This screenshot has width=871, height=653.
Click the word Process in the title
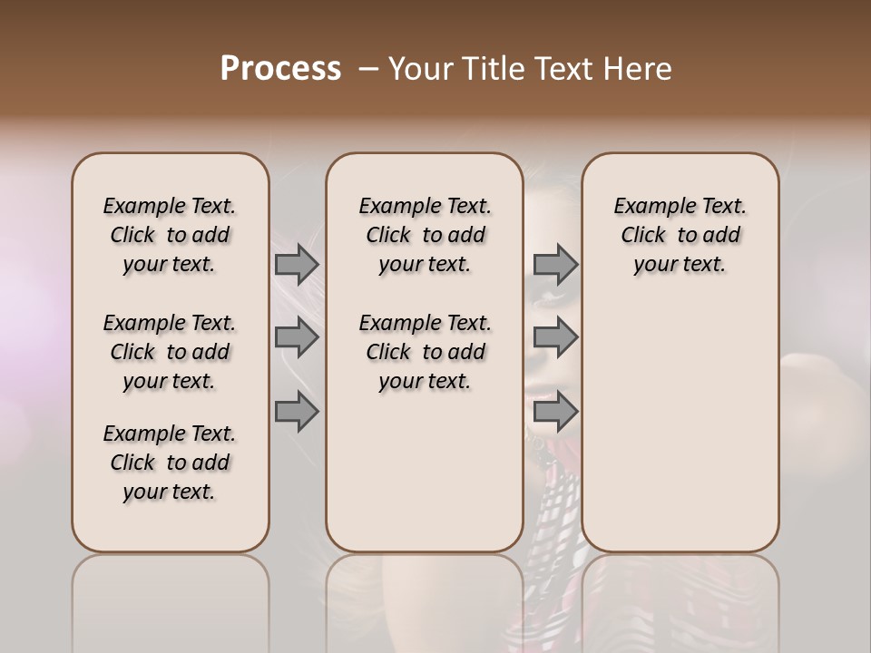point(280,69)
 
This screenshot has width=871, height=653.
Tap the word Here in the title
point(641,69)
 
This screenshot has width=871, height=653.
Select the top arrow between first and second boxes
point(296,265)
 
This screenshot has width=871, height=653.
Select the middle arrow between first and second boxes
point(296,338)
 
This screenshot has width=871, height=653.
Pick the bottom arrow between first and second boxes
point(296,412)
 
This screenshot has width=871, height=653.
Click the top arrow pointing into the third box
point(555,265)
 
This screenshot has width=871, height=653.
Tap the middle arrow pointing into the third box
point(555,338)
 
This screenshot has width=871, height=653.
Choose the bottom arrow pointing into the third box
point(555,412)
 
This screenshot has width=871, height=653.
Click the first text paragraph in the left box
point(170,235)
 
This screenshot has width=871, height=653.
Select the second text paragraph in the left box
point(170,352)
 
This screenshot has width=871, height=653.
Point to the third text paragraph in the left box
point(170,463)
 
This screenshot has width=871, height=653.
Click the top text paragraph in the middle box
point(425,235)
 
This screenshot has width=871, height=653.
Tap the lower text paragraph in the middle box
point(425,352)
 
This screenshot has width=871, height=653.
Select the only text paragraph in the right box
point(680,235)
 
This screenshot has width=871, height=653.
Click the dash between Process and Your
point(367,70)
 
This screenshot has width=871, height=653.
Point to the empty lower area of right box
point(680,426)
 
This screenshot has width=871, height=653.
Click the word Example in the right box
point(646,207)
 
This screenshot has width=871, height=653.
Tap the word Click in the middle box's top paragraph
point(388,236)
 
